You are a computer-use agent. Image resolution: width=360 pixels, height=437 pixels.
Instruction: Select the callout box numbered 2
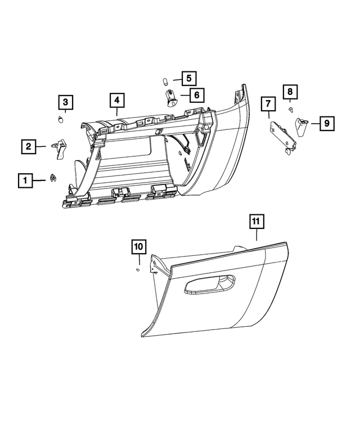(x=27, y=147)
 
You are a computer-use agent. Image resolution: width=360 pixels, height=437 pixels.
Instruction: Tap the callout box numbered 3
(x=65, y=102)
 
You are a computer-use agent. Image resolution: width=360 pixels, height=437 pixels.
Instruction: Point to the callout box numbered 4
(x=116, y=101)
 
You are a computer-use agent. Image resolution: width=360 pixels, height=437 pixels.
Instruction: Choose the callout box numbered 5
(x=188, y=78)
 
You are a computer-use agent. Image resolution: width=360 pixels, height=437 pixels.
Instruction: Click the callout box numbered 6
(x=196, y=95)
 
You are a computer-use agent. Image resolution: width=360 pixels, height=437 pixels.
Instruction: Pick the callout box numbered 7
(x=268, y=104)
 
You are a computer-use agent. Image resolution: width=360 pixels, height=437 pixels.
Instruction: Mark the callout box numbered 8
(x=290, y=91)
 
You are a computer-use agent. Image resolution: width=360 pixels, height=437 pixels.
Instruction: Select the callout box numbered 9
(x=327, y=123)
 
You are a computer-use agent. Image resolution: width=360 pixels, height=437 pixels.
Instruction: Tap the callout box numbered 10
(x=139, y=246)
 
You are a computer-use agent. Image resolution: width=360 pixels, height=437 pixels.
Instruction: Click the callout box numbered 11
(x=256, y=222)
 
